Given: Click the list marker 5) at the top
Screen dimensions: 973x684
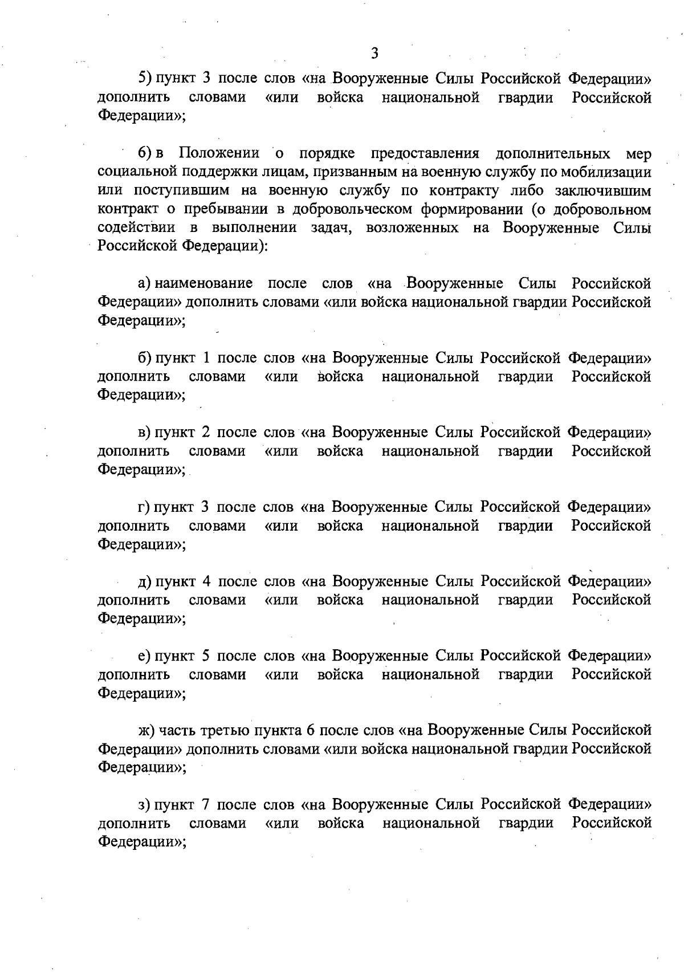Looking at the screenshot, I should tap(145, 79).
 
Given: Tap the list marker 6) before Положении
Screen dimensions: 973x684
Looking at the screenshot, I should tap(145, 153).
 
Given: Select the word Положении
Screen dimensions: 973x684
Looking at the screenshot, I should tap(219, 153).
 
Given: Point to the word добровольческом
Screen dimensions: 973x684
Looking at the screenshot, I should tap(353, 209).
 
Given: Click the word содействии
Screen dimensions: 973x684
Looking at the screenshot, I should tap(137, 228).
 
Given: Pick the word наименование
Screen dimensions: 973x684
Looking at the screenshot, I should tap(203, 283).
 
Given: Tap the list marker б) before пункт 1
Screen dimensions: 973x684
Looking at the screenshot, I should tap(145, 358).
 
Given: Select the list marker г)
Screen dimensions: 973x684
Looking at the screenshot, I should tap(145, 507).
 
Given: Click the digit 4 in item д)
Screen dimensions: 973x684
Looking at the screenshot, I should tap(207, 581).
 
